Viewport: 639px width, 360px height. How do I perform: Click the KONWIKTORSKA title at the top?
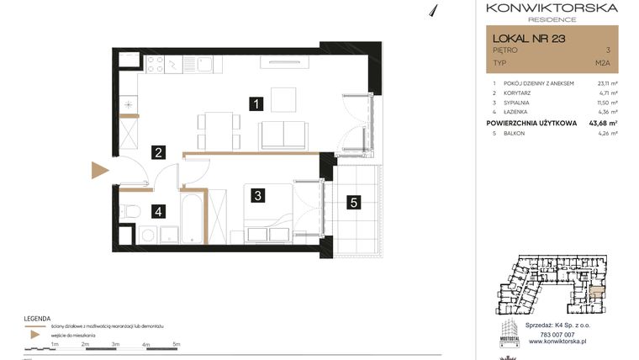click(552, 8)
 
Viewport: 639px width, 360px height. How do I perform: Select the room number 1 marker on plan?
click(256, 104)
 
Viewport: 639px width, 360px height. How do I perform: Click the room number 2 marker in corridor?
click(157, 152)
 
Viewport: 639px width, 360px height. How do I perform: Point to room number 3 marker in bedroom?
click(259, 195)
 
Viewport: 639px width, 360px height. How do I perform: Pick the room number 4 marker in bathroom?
click(157, 212)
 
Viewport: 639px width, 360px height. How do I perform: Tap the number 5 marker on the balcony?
click(355, 202)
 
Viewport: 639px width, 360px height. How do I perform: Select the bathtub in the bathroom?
click(193, 219)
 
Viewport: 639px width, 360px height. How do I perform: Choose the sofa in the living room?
click(283, 134)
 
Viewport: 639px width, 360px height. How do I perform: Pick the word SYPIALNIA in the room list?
click(520, 103)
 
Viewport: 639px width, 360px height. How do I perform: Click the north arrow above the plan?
click(434, 9)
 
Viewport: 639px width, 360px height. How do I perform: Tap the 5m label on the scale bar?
click(176, 344)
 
